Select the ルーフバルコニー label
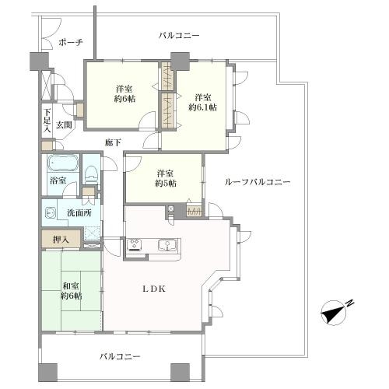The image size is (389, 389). tap(257, 181)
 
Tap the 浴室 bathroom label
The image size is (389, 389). tap(58, 180)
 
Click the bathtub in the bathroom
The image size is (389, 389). tap(63, 163)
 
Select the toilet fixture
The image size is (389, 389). tap(91, 173)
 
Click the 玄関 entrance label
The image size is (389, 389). tap(63, 124)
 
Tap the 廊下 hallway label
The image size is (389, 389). tap(114, 142)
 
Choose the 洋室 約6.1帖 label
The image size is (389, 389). tap(203, 102)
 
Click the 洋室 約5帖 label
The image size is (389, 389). tap(165, 178)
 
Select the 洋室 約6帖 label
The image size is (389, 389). tap(124, 94)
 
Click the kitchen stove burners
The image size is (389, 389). tap(134, 246)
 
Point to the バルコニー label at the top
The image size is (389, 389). tap(179, 36)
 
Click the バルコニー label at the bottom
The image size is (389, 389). tap(120, 356)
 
